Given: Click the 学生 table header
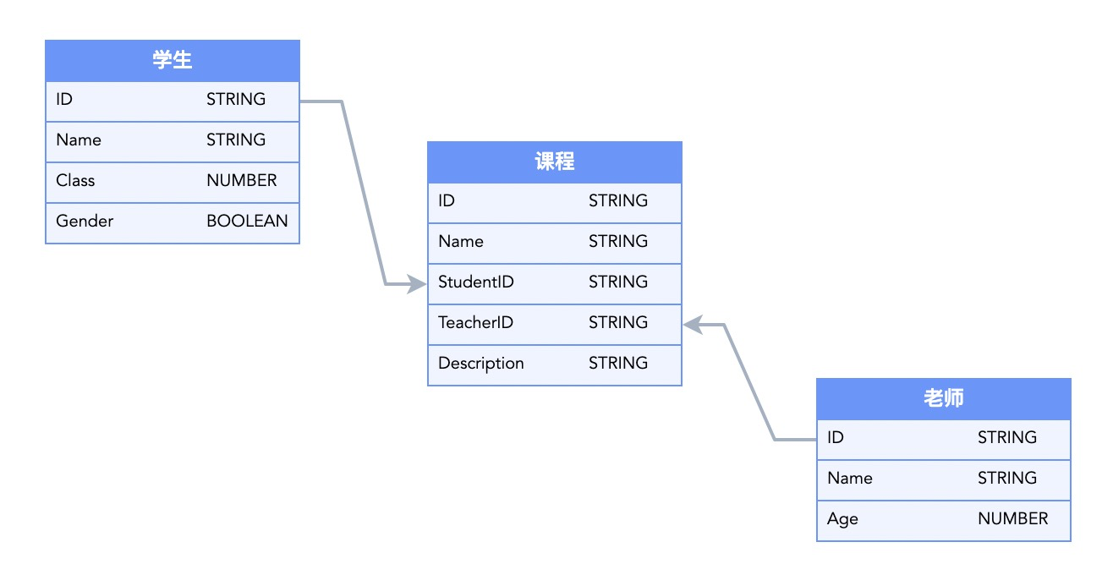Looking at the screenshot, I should pyautogui.click(x=173, y=60).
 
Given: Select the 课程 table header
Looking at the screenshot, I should pyautogui.click(x=555, y=162).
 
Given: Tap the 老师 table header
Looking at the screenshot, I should pyautogui.click(x=944, y=398).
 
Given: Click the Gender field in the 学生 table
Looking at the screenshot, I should pyautogui.click(x=85, y=222).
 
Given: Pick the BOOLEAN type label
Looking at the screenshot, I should pyautogui.click(x=247, y=222).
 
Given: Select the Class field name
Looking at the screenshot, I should pyautogui.click(x=75, y=181).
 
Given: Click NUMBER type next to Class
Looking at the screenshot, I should pyautogui.click(x=241, y=181).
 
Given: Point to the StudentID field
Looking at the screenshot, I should pyautogui.click(x=475, y=282).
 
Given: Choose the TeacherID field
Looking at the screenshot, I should pyautogui.click(x=475, y=323).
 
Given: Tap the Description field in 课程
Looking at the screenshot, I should pyautogui.click(x=480, y=364).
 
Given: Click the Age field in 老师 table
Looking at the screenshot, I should pyautogui.click(x=842, y=519).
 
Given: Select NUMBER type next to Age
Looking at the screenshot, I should pyautogui.click(x=1012, y=519).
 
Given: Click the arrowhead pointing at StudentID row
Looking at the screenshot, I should pyautogui.click(x=418, y=284).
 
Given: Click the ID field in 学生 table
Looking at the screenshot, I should pyautogui.click(x=64, y=100).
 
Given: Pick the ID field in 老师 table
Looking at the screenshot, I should pyautogui.click(x=836, y=438).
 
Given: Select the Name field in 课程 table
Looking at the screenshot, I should pyautogui.click(x=461, y=242).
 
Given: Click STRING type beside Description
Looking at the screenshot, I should pyautogui.click(x=618, y=364).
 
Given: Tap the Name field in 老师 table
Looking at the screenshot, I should pyautogui.click(x=850, y=479).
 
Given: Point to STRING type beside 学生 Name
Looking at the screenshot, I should pyautogui.click(x=236, y=140).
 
